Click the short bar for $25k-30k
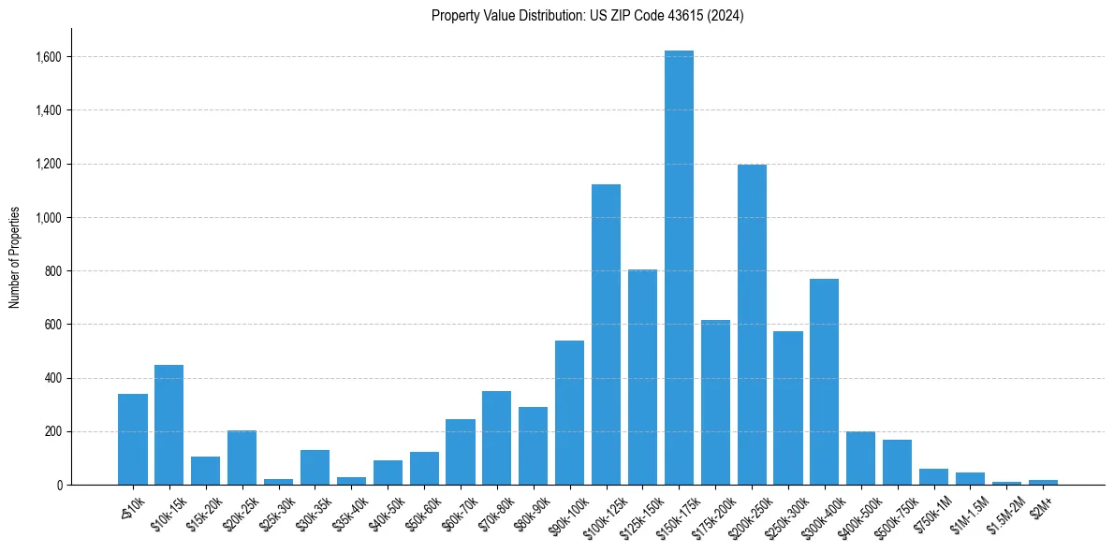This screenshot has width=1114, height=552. pyautogui.click(x=278, y=482)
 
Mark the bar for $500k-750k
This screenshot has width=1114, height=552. pyautogui.click(x=897, y=462)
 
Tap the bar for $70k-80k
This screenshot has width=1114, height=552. pyautogui.click(x=496, y=438)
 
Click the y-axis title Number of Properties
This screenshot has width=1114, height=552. pyautogui.click(x=14, y=257)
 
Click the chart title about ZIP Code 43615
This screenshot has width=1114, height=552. pyautogui.click(x=587, y=16)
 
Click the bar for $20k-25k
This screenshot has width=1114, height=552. pyautogui.click(x=242, y=458)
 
